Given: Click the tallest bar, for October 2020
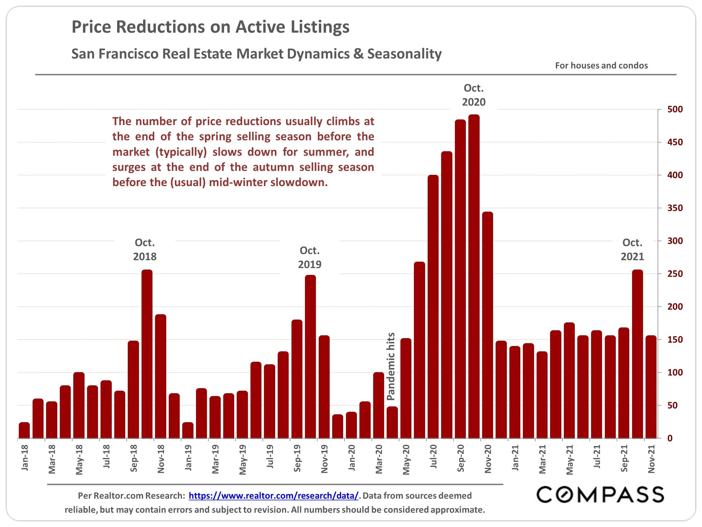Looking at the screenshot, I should click(x=474, y=276).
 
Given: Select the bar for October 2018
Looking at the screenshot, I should click(x=147, y=354).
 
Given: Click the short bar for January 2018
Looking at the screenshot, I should click(x=24, y=430).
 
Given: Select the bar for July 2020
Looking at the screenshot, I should click(x=433, y=307).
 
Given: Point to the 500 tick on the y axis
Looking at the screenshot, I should click(x=675, y=109).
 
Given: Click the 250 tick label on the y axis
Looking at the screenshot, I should click(x=675, y=274).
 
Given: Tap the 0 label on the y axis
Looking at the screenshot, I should click(x=670, y=438).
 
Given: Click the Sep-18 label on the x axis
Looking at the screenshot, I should click(x=134, y=458).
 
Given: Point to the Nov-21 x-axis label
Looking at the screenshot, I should click(x=651, y=459).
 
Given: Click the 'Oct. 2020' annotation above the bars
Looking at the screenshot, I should click(x=473, y=95).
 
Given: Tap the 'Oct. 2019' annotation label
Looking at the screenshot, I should click(x=309, y=257).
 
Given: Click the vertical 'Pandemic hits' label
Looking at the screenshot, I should click(x=391, y=366).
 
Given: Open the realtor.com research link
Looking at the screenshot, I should click(x=273, y=496).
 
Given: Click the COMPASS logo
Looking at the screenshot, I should click(x=600, y=495).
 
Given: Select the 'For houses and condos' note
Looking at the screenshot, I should click(x=601, y=65).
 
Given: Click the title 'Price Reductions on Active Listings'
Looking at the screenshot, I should click(x=210, y=27).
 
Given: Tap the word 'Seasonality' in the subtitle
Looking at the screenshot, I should click(x=404, y=54).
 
